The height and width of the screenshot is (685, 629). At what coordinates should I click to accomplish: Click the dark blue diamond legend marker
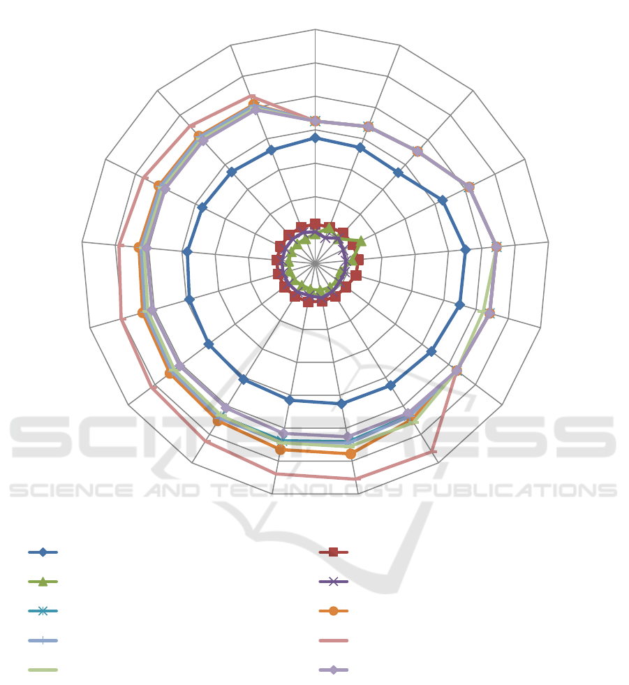tap(43, 552)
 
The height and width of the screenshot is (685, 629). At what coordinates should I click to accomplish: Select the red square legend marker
tap(333, 552)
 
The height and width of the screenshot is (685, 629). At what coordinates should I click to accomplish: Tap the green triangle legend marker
tap(43, 582)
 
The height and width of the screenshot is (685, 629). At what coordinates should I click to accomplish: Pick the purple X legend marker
tap(333, 582)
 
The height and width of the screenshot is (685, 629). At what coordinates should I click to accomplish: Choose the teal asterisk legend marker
tap(43, 611)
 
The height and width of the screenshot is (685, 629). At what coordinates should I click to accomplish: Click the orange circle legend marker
tap(333, 611)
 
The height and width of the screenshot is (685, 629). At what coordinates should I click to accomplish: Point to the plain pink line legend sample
tap(333, 640)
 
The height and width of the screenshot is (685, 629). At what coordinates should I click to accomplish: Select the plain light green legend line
tap(43, 670)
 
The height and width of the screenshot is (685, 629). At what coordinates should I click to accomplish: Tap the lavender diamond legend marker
tap(333, 670)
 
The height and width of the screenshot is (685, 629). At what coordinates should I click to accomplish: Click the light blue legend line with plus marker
tap(43, 640)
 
